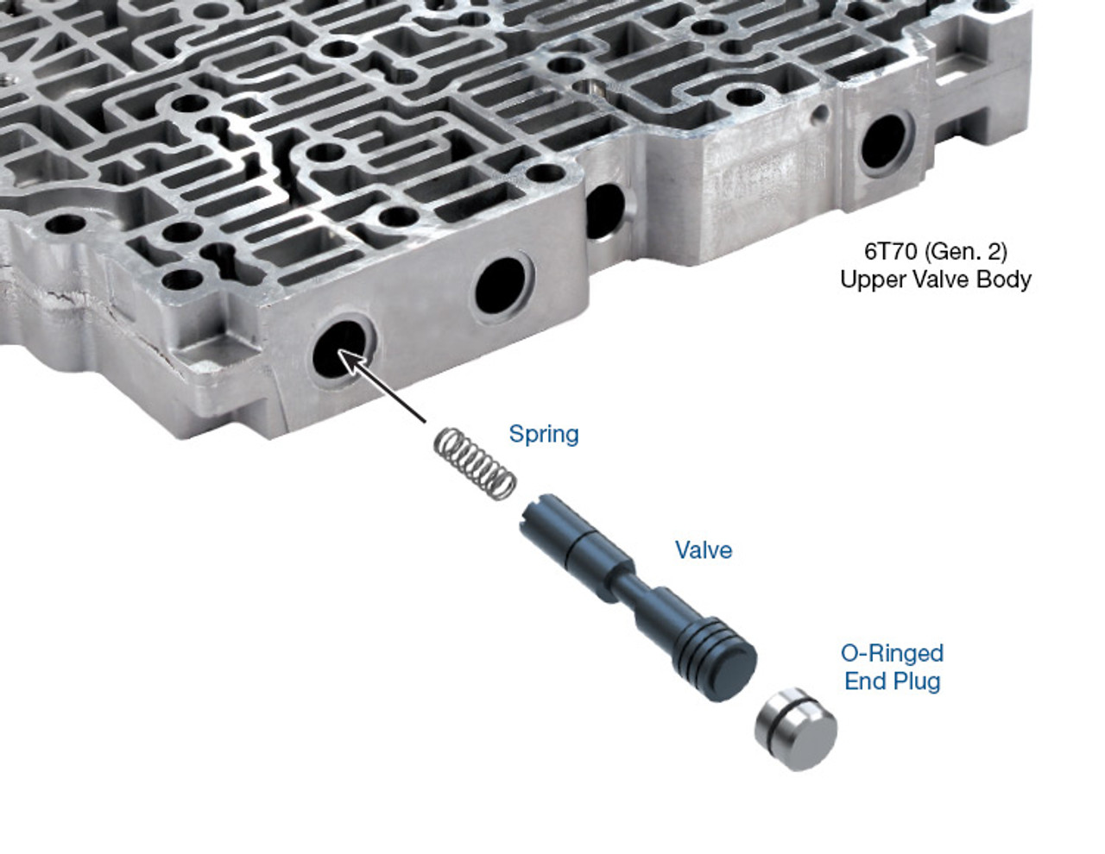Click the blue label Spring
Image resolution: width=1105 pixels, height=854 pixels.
(543, 434)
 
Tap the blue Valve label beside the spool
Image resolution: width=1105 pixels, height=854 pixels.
(703, 550)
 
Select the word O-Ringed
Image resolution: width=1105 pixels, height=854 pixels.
(892, 653)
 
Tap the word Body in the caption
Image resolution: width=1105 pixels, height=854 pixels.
(1005, 279)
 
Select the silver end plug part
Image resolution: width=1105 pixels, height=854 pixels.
(795, 728)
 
